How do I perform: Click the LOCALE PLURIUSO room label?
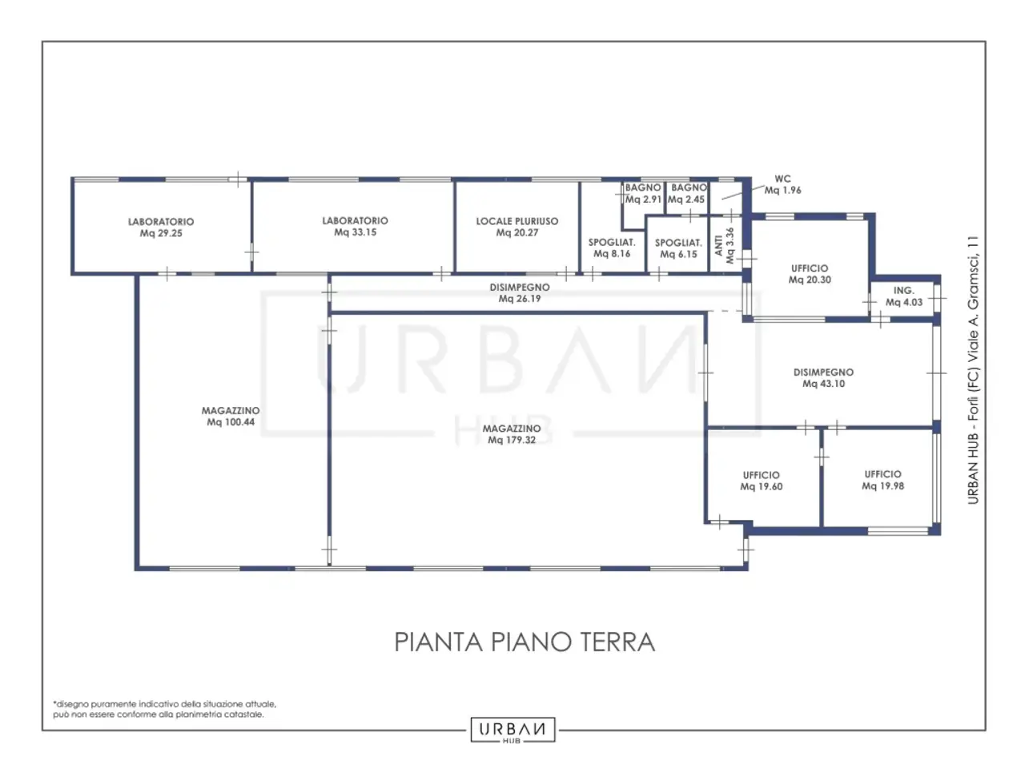[517, 221]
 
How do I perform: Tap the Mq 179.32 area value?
[512, 440]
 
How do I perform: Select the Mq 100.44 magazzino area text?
[231, 422]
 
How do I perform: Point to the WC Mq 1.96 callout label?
[782, 184]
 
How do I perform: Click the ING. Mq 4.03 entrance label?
[903, 296]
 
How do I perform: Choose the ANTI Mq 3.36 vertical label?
[724, 246]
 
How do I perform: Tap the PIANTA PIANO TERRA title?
[525, 642]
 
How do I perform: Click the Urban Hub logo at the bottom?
[512, 729]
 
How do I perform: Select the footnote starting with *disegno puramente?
[164, 709]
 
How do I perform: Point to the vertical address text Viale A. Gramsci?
[973, 370]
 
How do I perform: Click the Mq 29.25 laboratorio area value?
[161, 233]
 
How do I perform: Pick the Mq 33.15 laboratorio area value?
[355, 232]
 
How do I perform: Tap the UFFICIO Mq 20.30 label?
[810, 274]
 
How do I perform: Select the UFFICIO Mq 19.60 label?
[761, 481]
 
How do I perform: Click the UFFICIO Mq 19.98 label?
[882, 480]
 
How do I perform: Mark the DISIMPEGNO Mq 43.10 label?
[823, 378]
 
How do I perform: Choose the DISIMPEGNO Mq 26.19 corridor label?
[519, 292]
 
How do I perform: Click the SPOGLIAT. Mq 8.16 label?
[612, 248]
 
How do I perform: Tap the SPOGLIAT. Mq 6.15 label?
[678, 248]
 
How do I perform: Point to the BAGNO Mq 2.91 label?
[643, 193]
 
